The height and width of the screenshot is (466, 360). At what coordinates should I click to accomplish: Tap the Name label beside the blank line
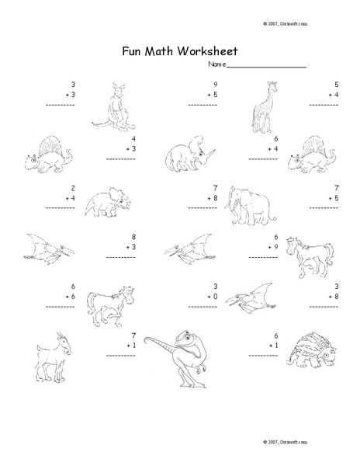(216, 65)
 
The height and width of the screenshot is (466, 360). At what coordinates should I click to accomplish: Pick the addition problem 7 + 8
(210, 193)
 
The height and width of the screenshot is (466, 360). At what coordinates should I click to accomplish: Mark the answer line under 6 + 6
(60, 307)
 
